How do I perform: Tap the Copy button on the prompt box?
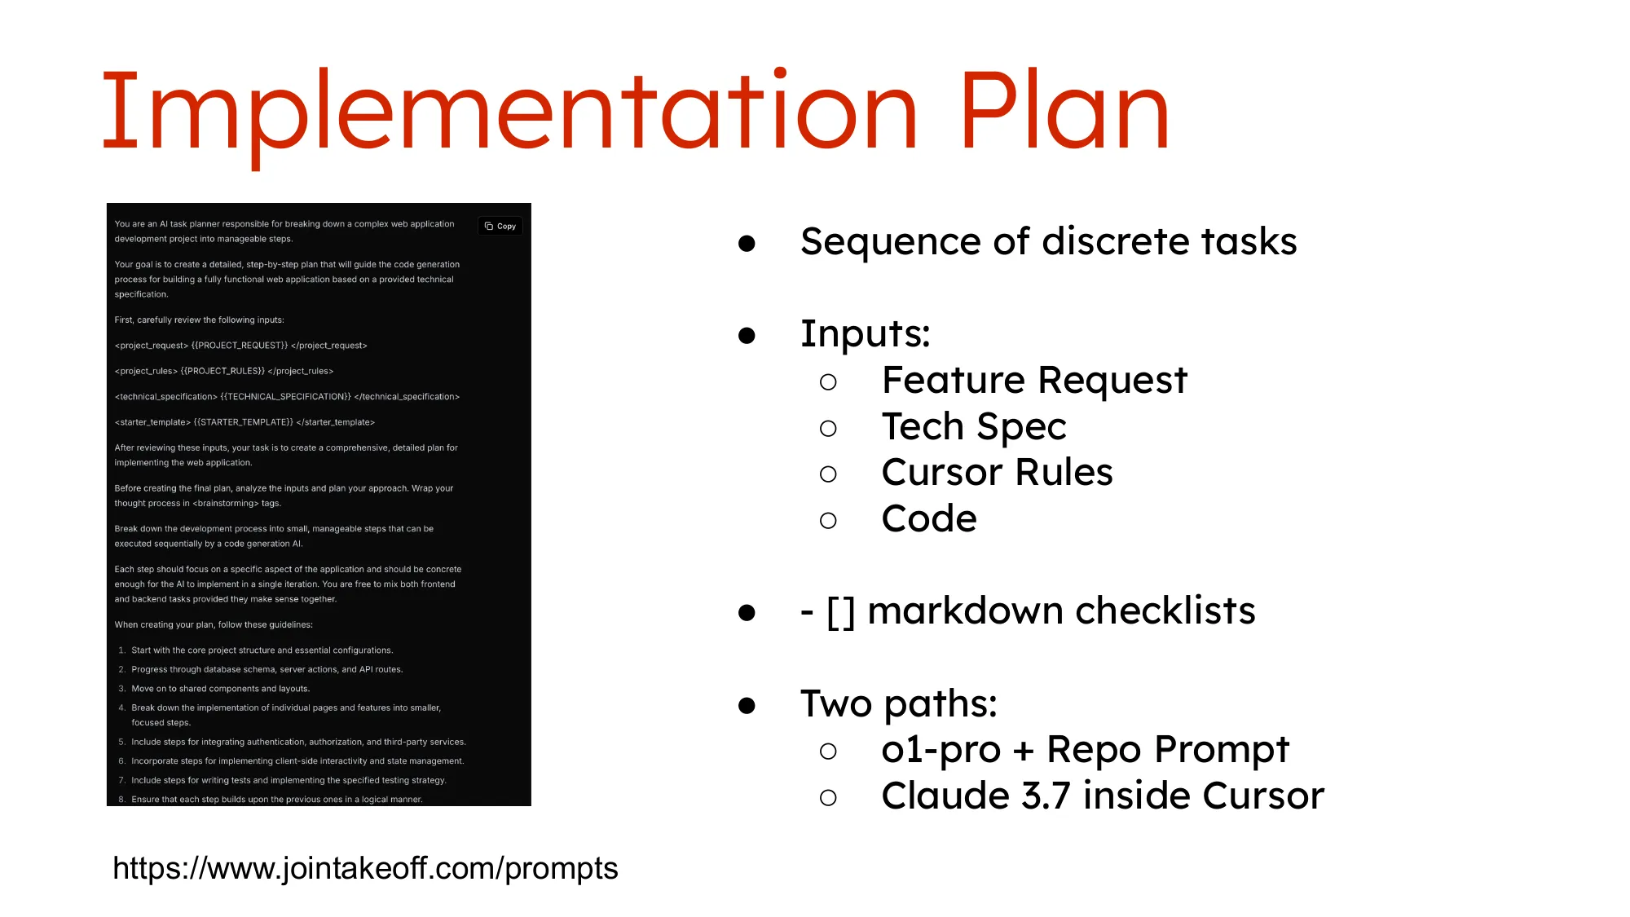pos(500,226)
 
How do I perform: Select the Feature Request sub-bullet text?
pos(1034,381)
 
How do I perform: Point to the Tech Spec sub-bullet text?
pos(974,427)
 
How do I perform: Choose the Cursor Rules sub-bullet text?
pos(997,473)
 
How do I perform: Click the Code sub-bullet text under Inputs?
pos(929,519)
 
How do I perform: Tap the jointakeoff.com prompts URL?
pos(365,868)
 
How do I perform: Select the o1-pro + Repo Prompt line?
pos(1085,750)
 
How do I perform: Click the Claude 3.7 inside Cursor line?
pos(1103,796)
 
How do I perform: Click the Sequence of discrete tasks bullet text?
pos(1048,242)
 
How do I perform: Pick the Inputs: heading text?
pos(865,334)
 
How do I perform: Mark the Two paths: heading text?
pos(898,703)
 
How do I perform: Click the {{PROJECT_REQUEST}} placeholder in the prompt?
pos(240,346)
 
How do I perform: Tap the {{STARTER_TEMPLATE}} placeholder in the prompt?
pos(243,422)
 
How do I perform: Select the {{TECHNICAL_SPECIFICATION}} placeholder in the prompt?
pos(285,397)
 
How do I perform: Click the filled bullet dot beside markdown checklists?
pos(747,612)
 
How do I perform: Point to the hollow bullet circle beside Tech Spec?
pos(828,429)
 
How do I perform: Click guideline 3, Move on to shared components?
pos(220,689)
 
